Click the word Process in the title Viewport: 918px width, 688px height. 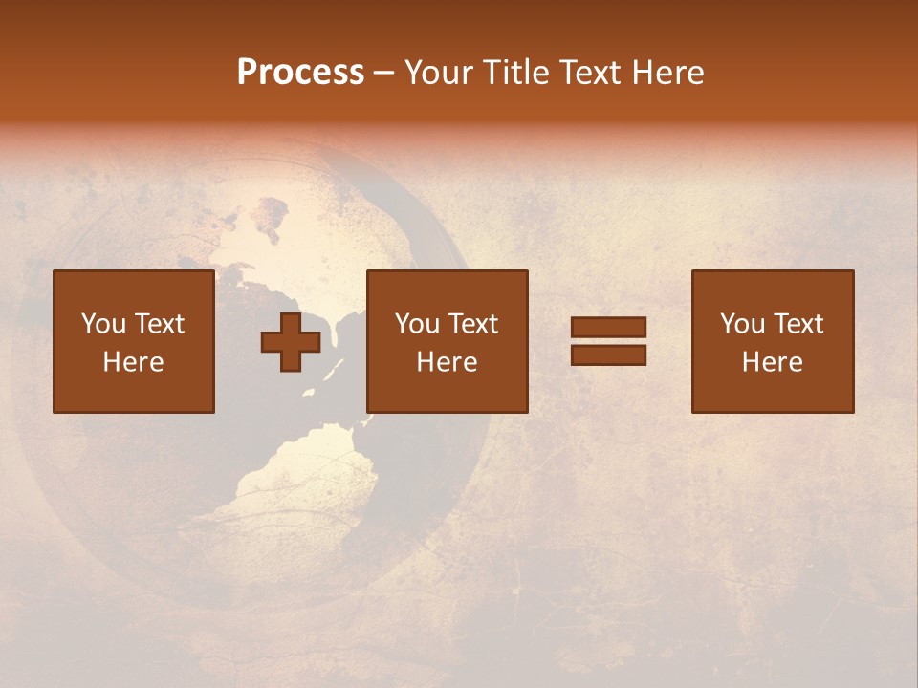(x=300, y=73)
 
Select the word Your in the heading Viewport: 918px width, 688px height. (x=440, y=73)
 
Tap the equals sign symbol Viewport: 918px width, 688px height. (x=608, y=341)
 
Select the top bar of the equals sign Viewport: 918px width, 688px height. (x=608, y=328)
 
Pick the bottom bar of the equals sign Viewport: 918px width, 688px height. (x=608, y=355)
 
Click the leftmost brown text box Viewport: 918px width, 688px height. (x=134, y=287)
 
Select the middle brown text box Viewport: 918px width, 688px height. (x=447, y=287)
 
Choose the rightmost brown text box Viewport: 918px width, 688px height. (x=772, y=287)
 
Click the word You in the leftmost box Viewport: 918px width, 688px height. (x=103, y=324)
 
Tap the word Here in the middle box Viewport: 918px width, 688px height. (x=447, y=362)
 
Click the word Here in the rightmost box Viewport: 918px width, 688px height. (x=772, y=362)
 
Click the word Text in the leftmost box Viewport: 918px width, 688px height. (x=160, y=324)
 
